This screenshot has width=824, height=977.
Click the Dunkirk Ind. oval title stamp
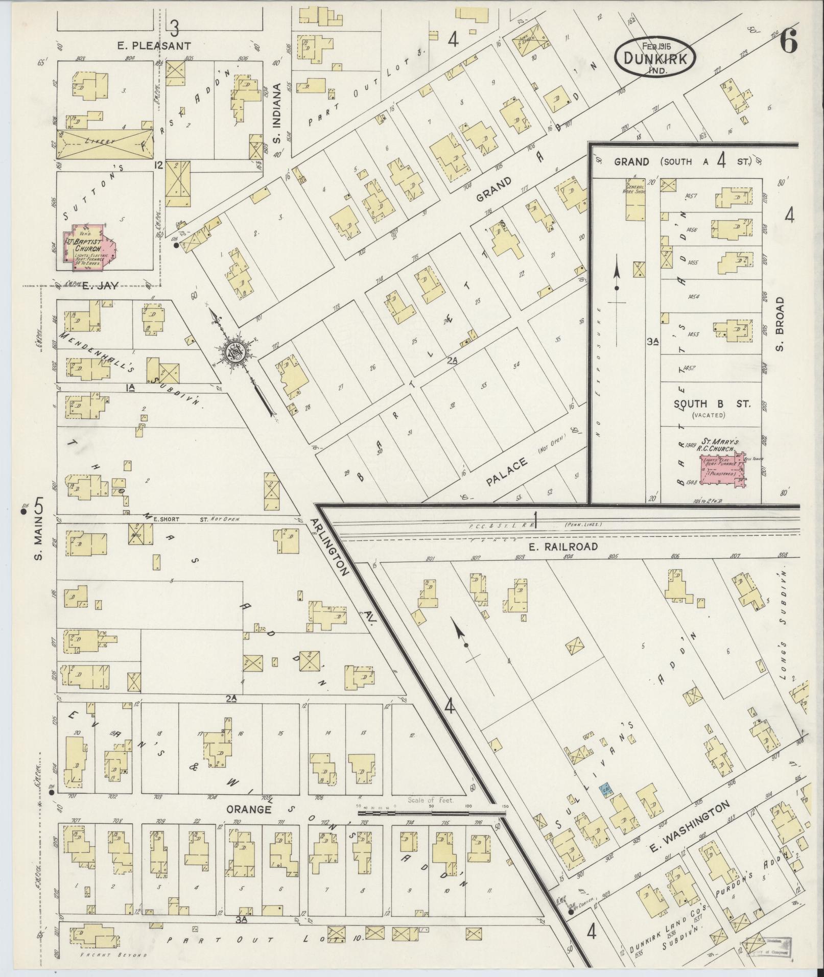coord(655,58)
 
